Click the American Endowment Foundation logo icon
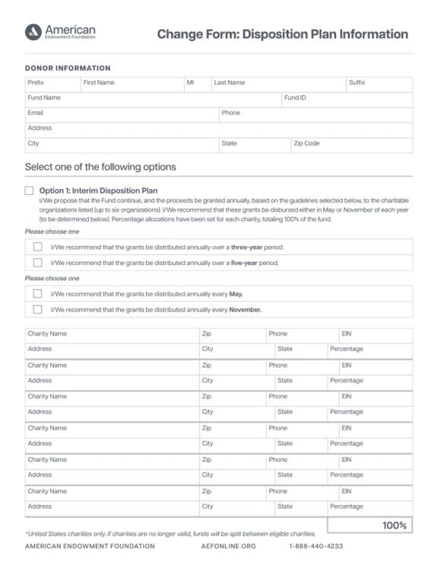(x=33, y=31)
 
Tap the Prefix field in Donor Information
(x=52, y=83)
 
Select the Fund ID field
(x=347, y=98)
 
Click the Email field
(x=122, y=113)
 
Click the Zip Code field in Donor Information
(x=351, y=144)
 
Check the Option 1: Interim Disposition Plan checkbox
(x=30, y=190)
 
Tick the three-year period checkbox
(x=37, y=247)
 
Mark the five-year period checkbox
(x=37, y=263)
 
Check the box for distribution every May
(x=37, y=293)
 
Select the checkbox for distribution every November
(x=37, y=309)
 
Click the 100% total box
(x=370, y=526)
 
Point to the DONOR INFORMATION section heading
(x=68, y=68)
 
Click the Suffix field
(x=379, y=83)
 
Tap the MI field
(x=196, y=83)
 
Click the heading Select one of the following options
(x=100, y=167)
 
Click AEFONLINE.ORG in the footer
(x=229, y=546)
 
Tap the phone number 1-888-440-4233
(x=316, y=546)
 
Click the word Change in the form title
(x=179, y=34)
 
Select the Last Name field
(x=278, y=83)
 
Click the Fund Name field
(x=152, y=98)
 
